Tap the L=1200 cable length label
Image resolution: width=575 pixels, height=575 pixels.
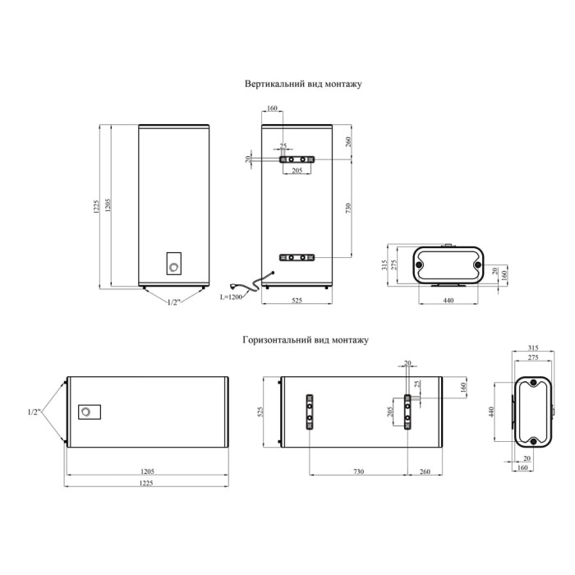[231, 297]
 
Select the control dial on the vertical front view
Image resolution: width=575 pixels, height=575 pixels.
[173, 267]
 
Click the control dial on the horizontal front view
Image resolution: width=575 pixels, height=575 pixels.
[85, 412]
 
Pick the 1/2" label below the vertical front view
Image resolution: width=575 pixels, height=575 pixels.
[174, 302]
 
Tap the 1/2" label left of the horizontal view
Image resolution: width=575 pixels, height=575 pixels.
[34, 412]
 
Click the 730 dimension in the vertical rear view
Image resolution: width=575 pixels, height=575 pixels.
[348, 209]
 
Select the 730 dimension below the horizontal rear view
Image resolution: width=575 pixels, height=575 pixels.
[359, 471]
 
